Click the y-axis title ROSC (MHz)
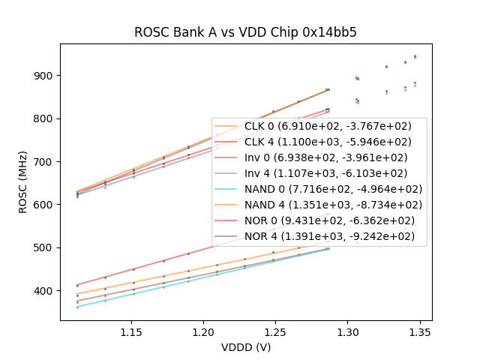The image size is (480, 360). tap(24, 182)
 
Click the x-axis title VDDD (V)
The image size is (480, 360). tap(246, 346)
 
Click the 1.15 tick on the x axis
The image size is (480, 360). tap(132, 331)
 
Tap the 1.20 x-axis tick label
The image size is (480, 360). tap(204, 331)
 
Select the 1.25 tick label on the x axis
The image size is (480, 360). tap(276, 331)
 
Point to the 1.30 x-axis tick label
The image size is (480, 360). tap(348, 331)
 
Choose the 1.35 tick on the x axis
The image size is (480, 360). tap(420, 331)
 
